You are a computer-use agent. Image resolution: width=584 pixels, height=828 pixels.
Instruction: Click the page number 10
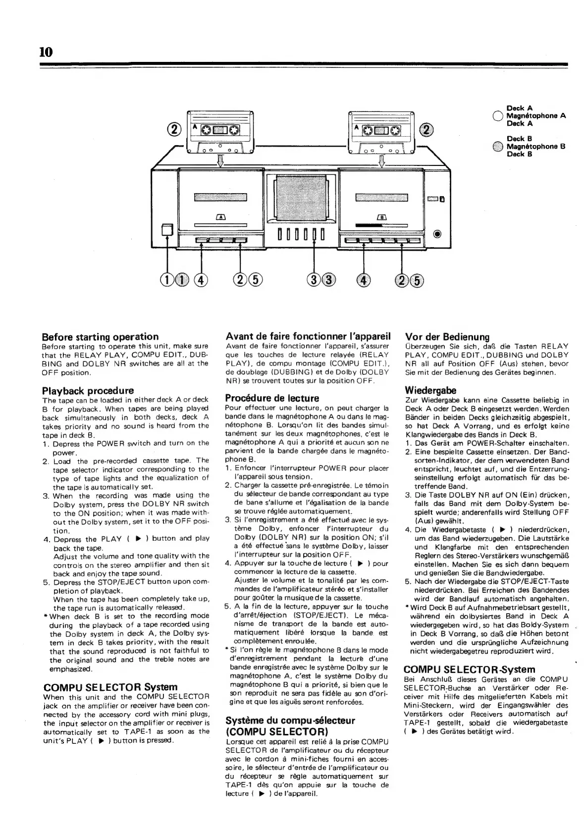[x=46, y=52]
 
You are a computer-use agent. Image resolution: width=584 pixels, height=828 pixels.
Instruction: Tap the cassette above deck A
[x=220, y=131]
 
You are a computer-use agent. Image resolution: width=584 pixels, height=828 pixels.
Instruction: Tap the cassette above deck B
[x=381, y=131]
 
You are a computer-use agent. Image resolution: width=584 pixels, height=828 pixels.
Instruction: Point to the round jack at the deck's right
[x=437, y=234]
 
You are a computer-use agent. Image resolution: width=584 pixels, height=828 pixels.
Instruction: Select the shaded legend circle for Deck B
[x=498, y=147]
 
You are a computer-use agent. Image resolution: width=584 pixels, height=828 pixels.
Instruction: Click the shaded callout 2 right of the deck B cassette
[x=426, y=130]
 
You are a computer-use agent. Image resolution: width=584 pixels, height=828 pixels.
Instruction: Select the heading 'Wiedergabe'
[x=430, y=391]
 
